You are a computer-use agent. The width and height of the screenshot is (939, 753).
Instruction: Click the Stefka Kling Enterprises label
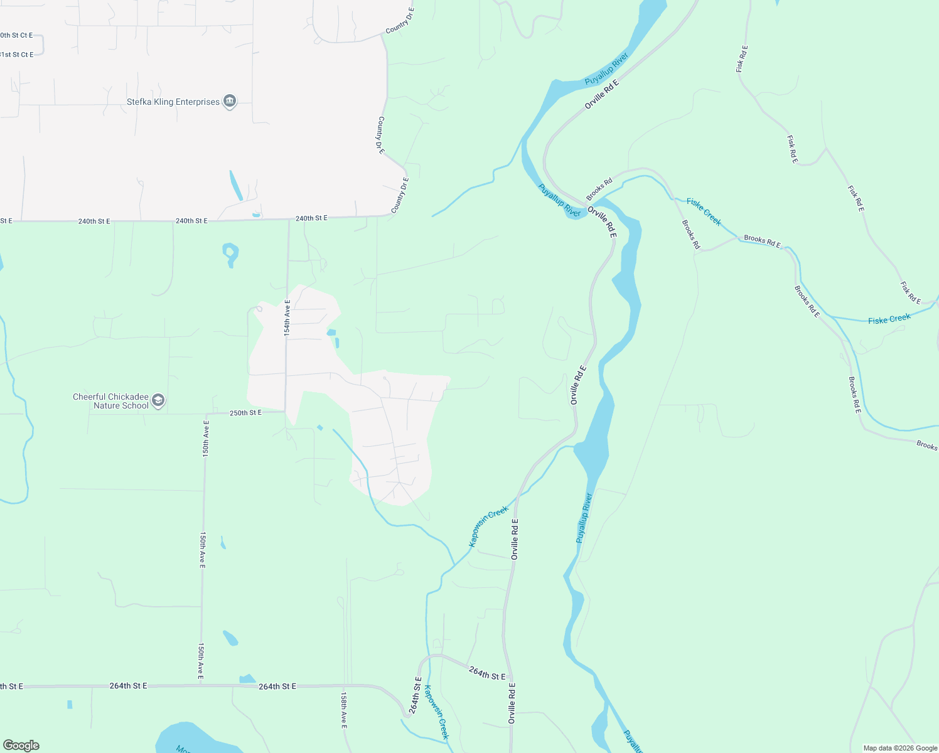173,102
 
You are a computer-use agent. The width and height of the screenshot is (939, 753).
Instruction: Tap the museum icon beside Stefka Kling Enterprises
230,102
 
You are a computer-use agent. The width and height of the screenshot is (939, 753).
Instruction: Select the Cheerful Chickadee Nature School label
110,401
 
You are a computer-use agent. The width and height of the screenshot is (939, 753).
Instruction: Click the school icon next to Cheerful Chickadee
158,401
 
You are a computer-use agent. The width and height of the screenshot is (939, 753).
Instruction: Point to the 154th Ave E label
287,318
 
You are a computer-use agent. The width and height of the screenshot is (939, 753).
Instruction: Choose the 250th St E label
245,413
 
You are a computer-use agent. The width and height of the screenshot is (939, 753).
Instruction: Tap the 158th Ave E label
343,710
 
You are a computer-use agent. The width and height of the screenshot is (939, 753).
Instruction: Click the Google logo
21,745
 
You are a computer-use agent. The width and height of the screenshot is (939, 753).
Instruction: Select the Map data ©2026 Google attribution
900,748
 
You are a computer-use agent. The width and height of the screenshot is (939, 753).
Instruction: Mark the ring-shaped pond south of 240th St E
230,254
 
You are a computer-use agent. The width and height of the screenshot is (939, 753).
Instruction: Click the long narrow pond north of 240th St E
236,185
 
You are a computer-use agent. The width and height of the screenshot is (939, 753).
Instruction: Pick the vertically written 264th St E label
416,695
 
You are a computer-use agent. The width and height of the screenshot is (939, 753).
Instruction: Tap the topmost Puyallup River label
606,70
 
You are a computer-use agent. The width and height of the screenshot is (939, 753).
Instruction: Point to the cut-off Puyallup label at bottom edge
633,741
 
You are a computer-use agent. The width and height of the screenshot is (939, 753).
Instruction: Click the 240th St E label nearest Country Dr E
311,218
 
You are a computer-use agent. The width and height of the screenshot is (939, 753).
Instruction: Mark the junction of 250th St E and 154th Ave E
286,412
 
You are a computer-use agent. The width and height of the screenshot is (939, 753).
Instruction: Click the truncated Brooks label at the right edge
926,446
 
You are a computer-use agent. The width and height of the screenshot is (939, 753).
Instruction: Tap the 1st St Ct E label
17,55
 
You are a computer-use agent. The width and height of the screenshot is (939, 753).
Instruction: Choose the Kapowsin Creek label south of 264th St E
437,712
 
